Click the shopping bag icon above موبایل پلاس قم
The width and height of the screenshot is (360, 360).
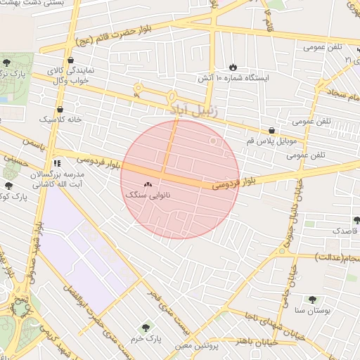point(271,129)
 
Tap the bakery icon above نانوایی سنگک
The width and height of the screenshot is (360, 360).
point(148,184)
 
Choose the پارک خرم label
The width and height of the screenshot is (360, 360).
point(148,338)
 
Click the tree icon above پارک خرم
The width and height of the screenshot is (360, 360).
point(146,327)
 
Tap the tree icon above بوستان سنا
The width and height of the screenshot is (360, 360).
point(311,299)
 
